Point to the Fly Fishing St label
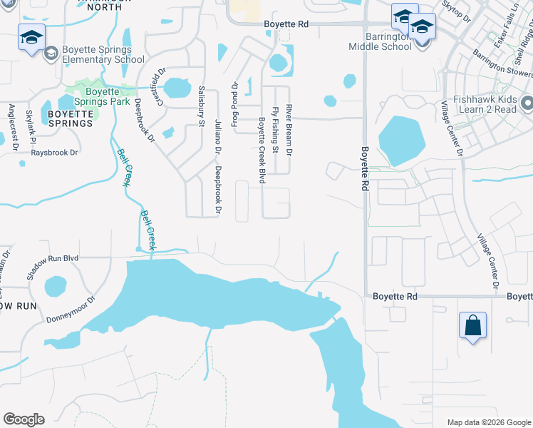[275, 130]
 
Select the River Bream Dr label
[289, 130]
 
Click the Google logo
[24, 419]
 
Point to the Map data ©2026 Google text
[488, 422]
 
